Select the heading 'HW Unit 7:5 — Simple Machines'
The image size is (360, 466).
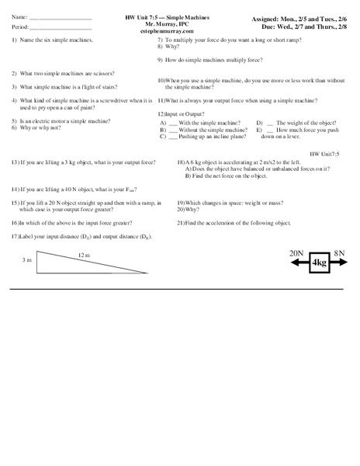pos(168,16)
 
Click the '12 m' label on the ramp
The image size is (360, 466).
pos(84,254)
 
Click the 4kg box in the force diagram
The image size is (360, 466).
pos(320,263)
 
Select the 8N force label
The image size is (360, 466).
pos(339,253)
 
